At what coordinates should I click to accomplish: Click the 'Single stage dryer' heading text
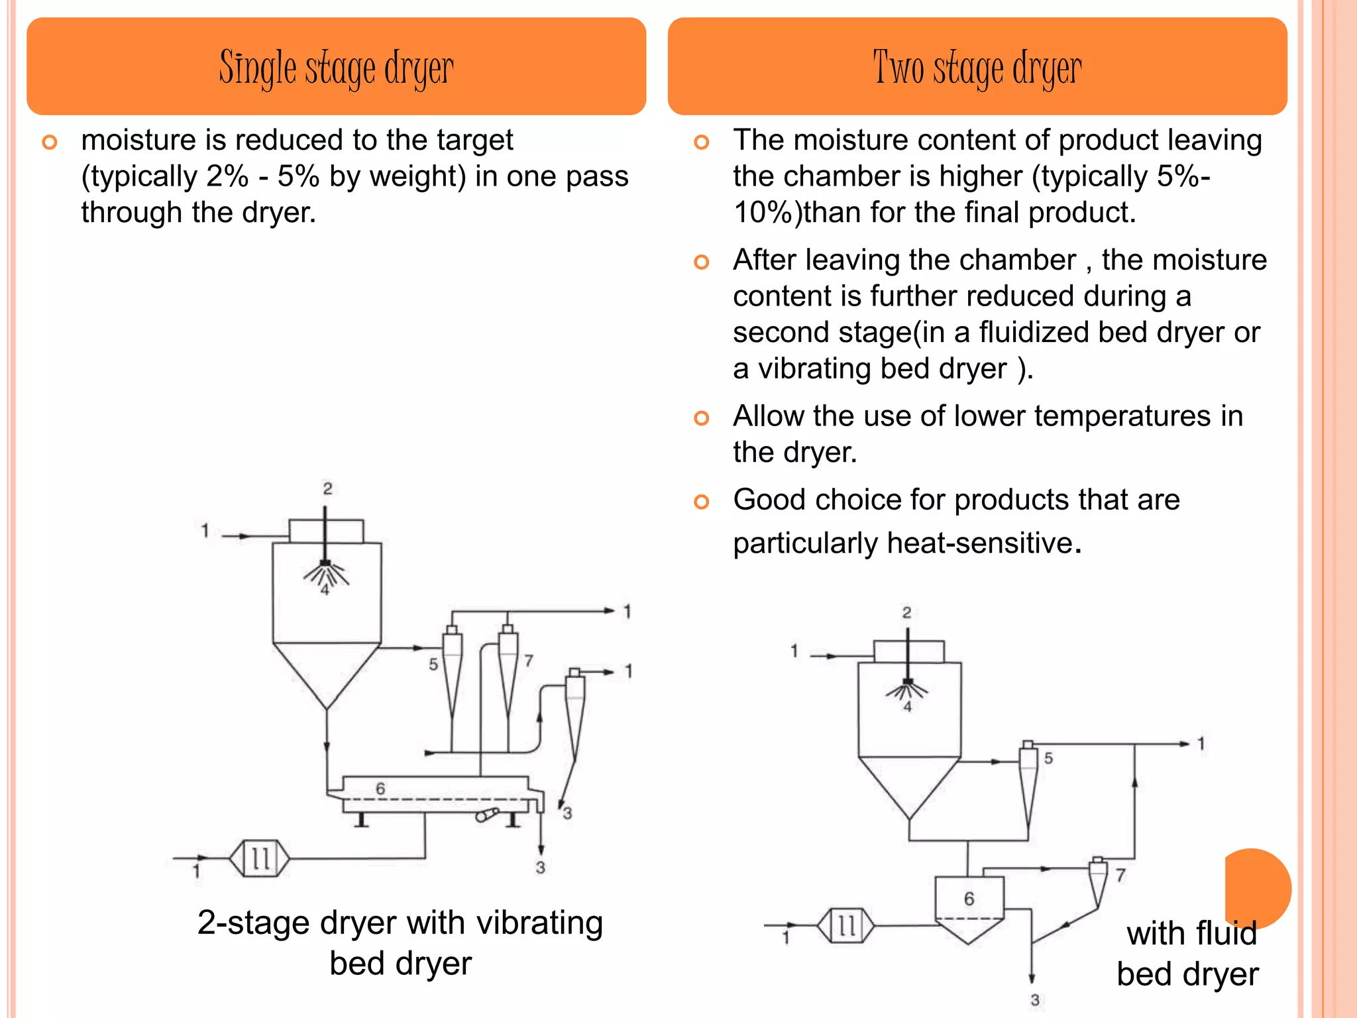coord(336,68)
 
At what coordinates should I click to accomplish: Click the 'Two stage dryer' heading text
coord(977,68)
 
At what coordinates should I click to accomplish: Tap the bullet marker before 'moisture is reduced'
coord(50,142)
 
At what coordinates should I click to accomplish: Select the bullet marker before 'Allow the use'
coord(701,418)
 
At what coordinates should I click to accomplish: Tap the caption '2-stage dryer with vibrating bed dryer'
coord(400,942)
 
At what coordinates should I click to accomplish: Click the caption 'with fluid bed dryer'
coord(1189,953)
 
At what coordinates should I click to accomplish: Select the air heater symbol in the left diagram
coord(260,858)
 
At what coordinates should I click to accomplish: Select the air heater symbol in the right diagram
coord(846,925)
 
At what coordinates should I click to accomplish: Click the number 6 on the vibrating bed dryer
coord(380,789)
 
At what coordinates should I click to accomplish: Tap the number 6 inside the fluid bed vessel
coord(969,899)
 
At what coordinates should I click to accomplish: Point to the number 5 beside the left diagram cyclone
coord(433,664)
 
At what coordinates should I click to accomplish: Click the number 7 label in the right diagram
coord(1120,876)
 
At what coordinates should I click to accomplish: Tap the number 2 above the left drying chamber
coord(327,488)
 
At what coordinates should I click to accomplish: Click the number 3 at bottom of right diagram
coord(1035,1000)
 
